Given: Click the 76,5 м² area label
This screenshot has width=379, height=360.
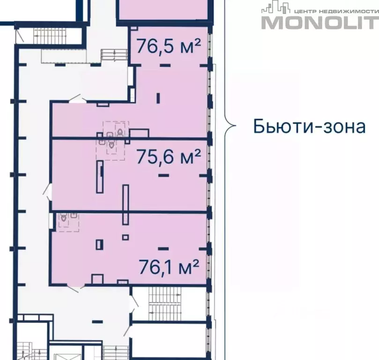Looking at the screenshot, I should [x=168, y=46].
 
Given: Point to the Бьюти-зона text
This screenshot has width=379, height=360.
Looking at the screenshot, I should [x=309, y=127].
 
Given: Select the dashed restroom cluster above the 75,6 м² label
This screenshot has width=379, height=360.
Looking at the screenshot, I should [x=111, y=140].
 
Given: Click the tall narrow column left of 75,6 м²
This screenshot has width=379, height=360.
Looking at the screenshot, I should [x=100, y=177].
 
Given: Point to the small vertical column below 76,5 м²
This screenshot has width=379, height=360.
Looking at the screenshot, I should [x=158, y=98].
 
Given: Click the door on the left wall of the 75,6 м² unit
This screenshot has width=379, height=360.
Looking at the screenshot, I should [x=48, y=191].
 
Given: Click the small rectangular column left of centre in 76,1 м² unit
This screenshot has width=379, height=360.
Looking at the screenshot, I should [x=99, y=244].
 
